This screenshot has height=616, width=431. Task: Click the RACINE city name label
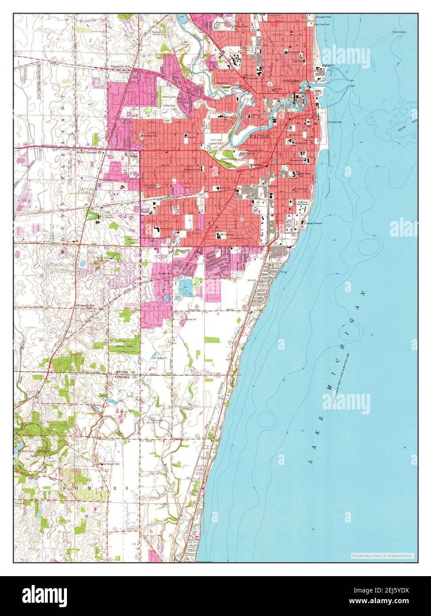click(259, 136)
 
